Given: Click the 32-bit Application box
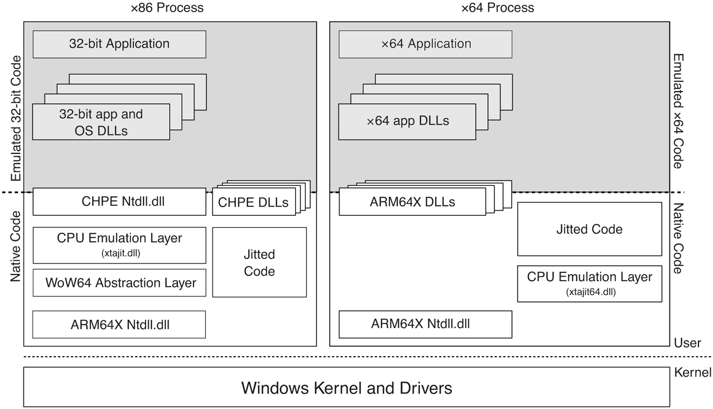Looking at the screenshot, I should point(119,44).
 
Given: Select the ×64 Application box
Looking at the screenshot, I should point(426,44).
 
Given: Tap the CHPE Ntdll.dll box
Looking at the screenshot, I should point(119,202).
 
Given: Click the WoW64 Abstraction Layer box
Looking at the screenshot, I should point(119,283).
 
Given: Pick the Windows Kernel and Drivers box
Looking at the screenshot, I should point(346,387).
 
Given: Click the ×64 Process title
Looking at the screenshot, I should point(498,8).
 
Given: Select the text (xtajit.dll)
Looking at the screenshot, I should point(119,252).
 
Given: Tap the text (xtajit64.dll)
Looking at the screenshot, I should point(590,291).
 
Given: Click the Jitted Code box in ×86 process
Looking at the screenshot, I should point(259,262).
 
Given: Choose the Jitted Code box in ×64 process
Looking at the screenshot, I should point(590,229).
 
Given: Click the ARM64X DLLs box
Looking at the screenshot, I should point(412,202).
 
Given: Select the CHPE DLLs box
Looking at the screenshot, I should point(253,203).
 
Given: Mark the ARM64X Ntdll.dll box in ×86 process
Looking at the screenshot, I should point(119,325).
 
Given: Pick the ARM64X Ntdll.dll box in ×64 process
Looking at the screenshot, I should point(426,324).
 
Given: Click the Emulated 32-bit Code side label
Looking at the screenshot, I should point(16,118).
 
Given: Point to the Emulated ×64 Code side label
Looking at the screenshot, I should point(678,112).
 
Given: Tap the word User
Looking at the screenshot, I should point(687,343).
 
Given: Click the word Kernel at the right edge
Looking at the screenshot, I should point(693,372).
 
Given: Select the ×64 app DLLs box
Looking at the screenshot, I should point(408,121).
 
